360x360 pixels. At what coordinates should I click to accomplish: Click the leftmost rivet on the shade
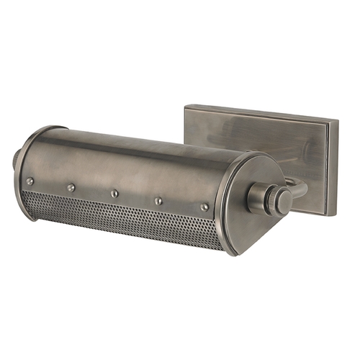(x=30, y=181)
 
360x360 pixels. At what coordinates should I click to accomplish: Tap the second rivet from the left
(x=71, y=188)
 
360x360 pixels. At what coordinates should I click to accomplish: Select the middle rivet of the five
(x=114, y=193)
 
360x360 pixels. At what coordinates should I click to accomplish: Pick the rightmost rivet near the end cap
(x=205, y=207)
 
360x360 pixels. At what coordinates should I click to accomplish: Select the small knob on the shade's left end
(x=15, y=159)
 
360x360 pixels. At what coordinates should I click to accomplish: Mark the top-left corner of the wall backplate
(x=185, y=107)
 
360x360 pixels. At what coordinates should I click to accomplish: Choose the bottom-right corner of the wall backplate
(x=333, y=216)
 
